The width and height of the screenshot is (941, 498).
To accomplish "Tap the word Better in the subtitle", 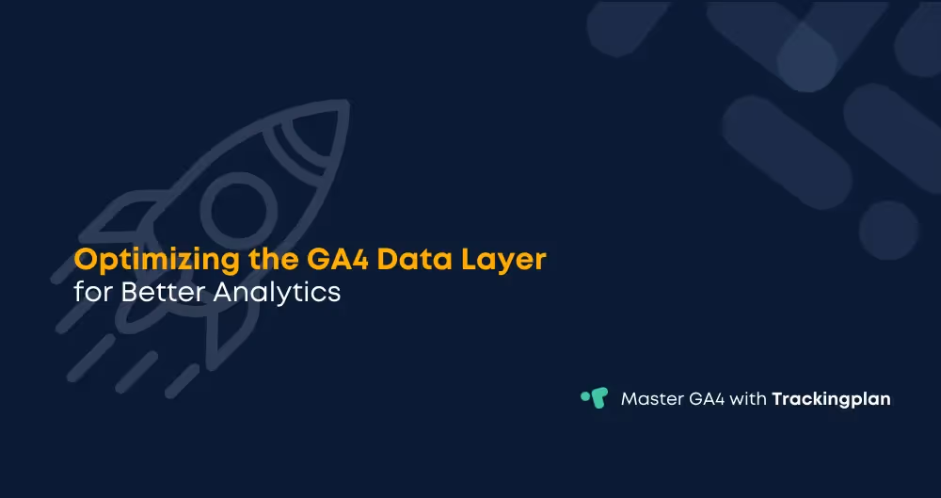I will [x=161, y=292].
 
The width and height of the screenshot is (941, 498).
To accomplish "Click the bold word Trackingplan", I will [x=831, y=399].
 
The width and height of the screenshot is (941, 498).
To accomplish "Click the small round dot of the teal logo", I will [x=584, y=393].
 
